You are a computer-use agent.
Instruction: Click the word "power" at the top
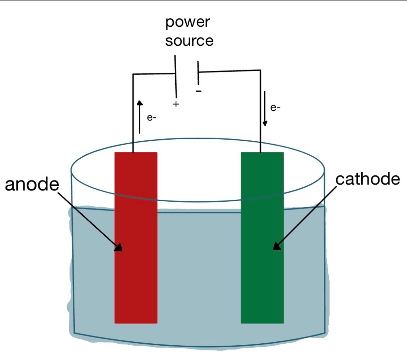coord(188,23)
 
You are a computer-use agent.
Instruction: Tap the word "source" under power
coord(189,41)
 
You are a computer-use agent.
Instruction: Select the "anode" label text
coord(32,185)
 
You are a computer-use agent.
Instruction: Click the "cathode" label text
coord(368,179)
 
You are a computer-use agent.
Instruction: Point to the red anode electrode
coord(136,278)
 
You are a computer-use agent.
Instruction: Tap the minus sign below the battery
coord(199,91)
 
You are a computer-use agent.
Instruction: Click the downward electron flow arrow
coord(265,109)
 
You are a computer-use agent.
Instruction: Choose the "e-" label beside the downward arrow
coord(275,107)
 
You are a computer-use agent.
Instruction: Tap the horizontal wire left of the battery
coord(153,74)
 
